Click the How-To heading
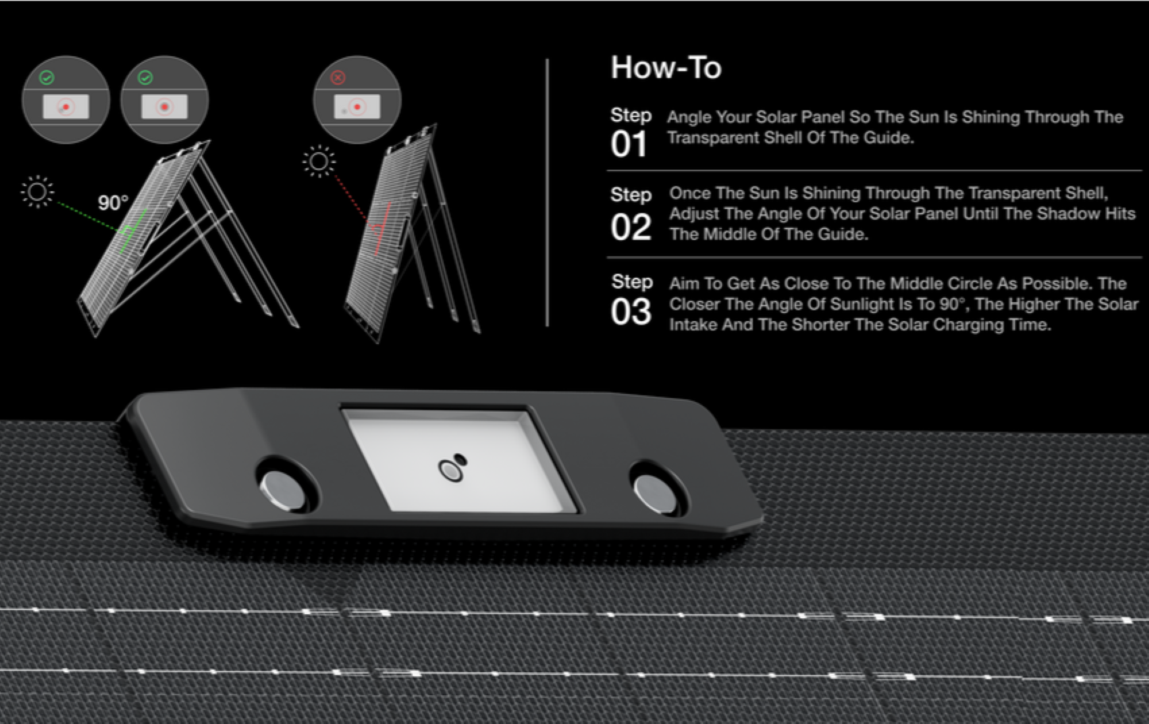click(666, 68)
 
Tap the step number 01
click(629, 144)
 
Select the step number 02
click(631, 228)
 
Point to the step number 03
click(631, 312)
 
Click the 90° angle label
click(113, 203)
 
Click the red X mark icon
click(338, 78)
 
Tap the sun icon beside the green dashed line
click(37, 191)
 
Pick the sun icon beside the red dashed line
click(319, 161)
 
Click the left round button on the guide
click(283, 490)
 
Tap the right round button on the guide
click(655, 494)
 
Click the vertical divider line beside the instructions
click(547, 192)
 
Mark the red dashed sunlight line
click(351, 198)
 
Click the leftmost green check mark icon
click(47, 78)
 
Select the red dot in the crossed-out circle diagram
click(357, 107)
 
